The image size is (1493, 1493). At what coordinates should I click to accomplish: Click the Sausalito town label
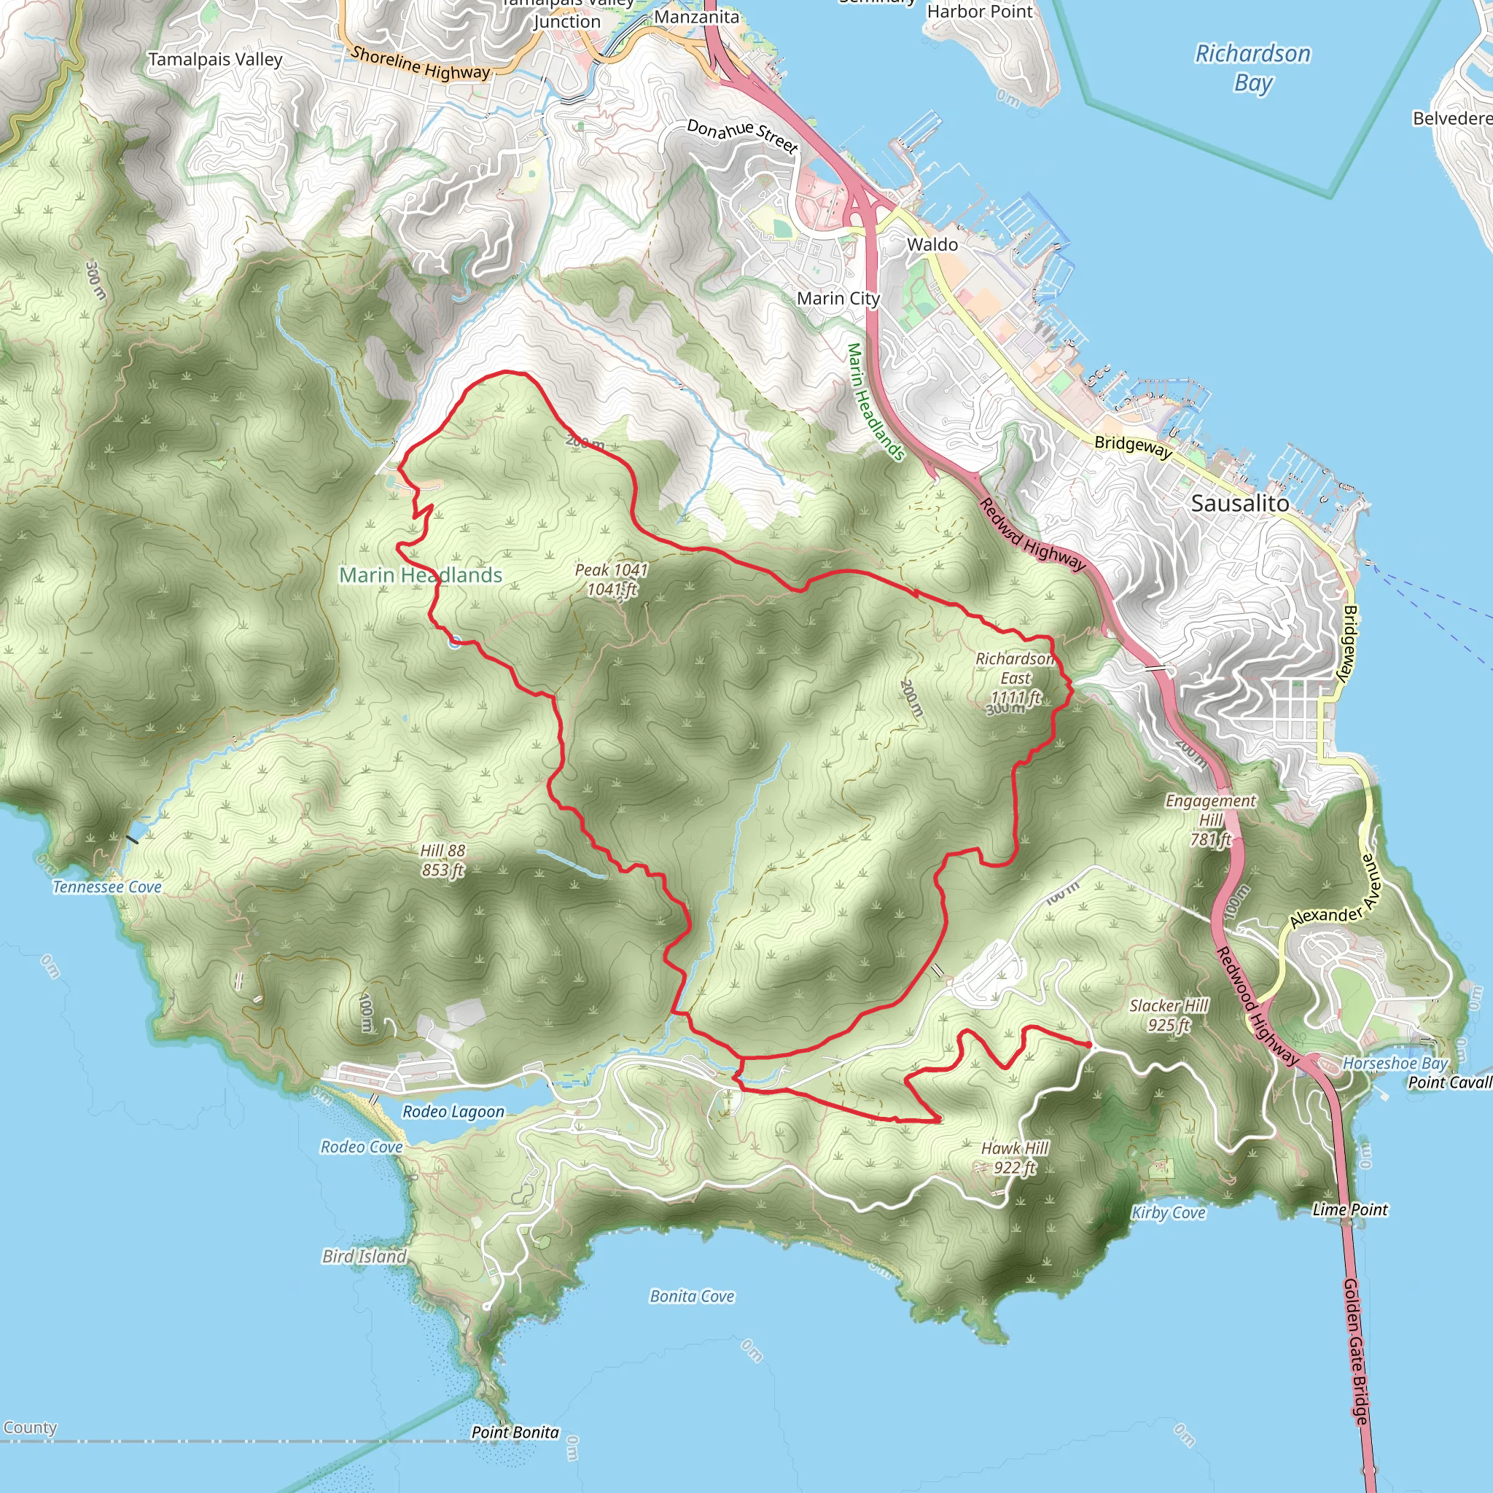click(1239, 503)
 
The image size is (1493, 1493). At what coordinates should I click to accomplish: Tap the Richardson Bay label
click(1252, 68)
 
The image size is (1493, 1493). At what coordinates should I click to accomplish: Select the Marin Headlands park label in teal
click(421, 575)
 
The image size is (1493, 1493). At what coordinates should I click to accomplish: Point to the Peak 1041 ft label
click(611, 580)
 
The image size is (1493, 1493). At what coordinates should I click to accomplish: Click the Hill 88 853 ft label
click(443, 860)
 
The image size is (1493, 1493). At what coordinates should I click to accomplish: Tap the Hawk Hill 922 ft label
click(1015, 1158)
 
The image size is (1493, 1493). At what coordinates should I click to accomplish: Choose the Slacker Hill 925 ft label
click(1169, 1016)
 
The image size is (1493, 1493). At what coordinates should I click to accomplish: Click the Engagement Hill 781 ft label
click(1210, 820)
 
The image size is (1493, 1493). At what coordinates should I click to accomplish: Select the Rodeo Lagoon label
click(453, 1111)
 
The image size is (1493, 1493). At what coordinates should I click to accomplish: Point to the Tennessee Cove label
click(106, 887)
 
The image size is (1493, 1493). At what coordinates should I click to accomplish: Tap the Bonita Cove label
click(692, 1296)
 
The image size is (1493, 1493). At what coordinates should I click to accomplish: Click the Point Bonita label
click(515, 1432)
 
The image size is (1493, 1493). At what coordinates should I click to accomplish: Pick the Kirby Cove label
click(1169, 1212)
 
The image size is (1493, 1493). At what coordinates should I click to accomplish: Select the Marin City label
click(838, 298)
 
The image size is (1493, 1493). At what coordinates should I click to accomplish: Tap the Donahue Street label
click(742, 136)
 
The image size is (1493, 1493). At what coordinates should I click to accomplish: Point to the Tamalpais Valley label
click(215, 60)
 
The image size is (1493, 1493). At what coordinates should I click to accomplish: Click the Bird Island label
click(364, 1257)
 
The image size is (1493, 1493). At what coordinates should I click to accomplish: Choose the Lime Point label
click(1350, 1209)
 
